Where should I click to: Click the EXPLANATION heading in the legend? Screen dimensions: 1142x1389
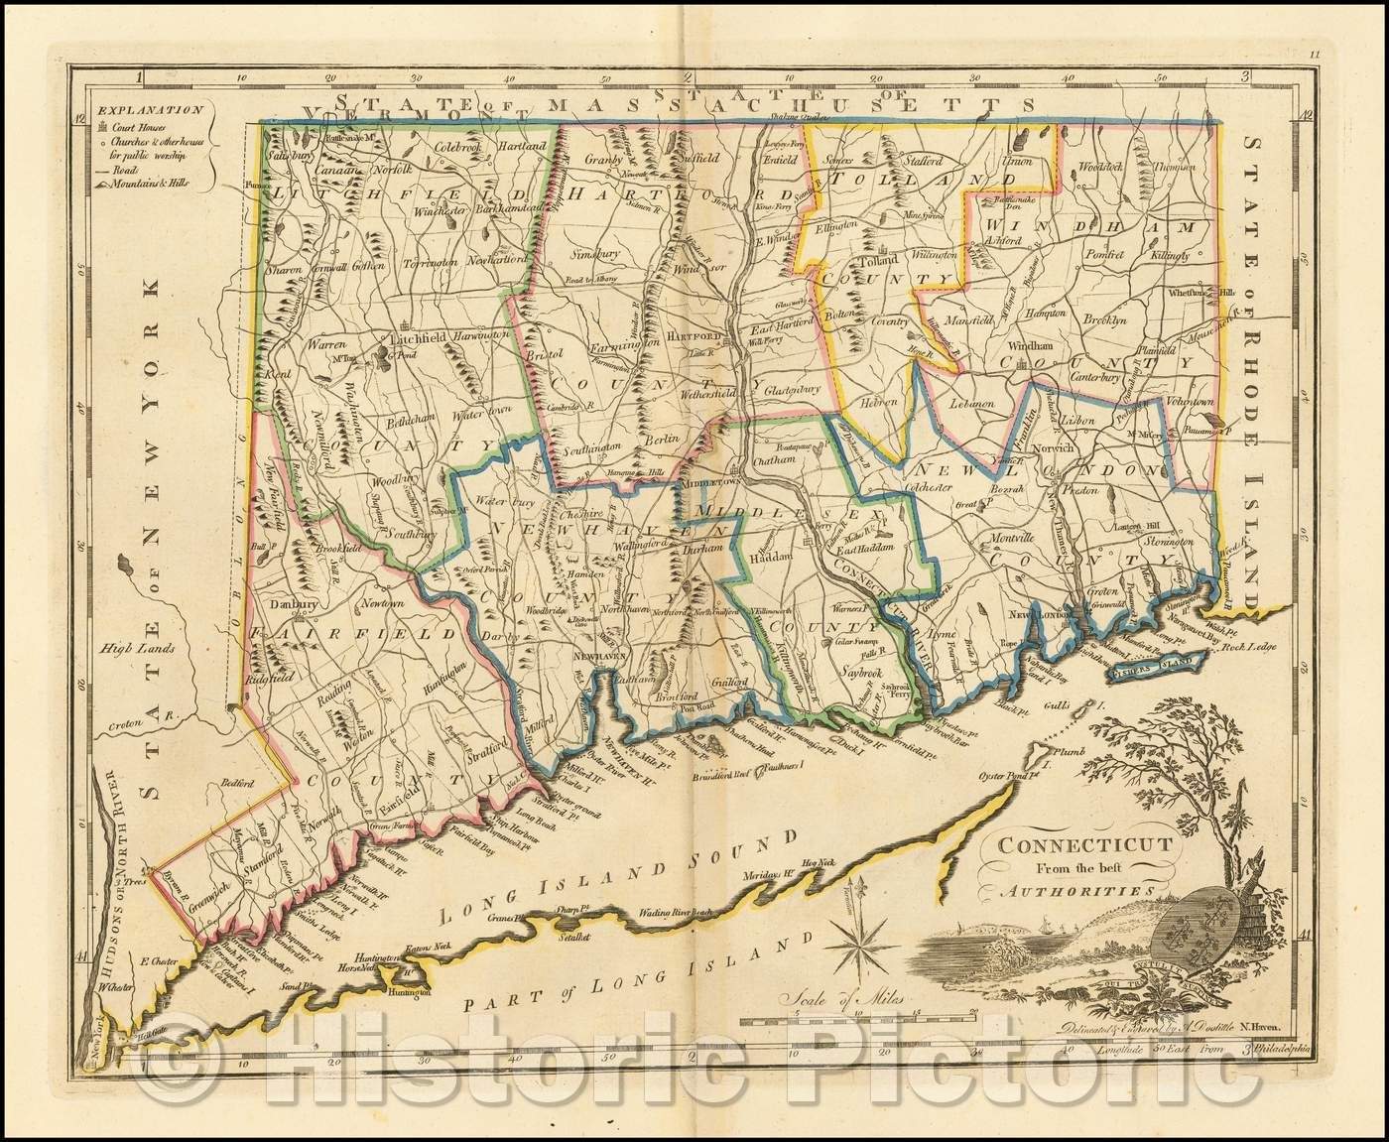(x=131, y=110)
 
